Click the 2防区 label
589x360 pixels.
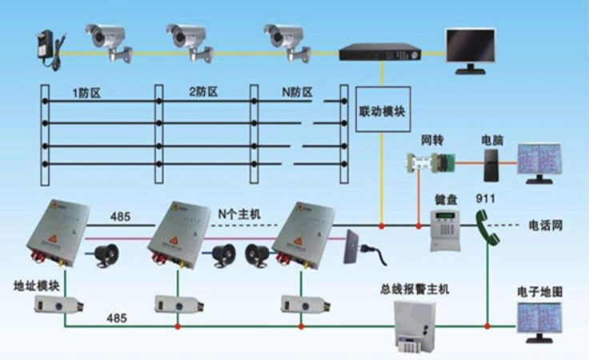(x=203, y=92)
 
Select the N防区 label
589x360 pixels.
(x=296, y=92)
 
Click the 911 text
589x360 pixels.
(x=487, y=198)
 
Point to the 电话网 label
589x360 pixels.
(x=546, y=226)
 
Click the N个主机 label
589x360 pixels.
(x=238, y=214)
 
